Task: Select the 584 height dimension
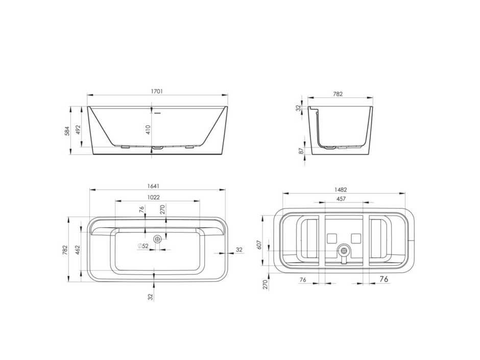(x=67, y=131)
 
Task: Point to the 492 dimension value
(x=78, y=130)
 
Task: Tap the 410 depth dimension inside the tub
(x=148, y=130)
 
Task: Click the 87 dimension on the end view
(x=301, y=151)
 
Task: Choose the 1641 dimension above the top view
(x=153, y=186)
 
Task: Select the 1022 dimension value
(x=153, y=198)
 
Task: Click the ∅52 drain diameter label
(x=143, y=246)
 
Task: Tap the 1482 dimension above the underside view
(x=341, y=190)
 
